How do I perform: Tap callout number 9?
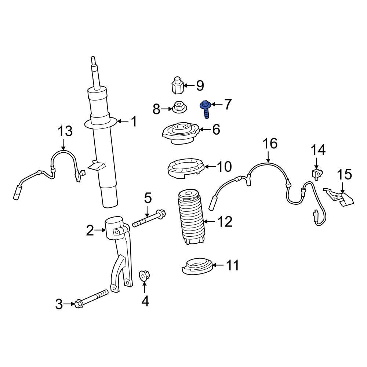click(x=200, y=86)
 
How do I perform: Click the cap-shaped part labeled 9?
click(x=177, y=86)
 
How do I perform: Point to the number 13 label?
click(x=65, y=131)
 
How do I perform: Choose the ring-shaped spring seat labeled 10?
click(x=185, y=167)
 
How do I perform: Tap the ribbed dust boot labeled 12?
click(x=191, y=218)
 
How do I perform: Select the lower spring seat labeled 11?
click(x=197, y=267)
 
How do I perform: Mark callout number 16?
click(x=270, y=143)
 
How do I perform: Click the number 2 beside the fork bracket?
click(x=90, y=231)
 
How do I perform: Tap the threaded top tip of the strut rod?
click(x=93, y=60)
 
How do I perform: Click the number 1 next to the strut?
click(x=133, y=121)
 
